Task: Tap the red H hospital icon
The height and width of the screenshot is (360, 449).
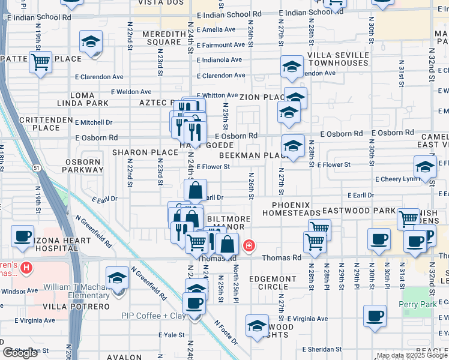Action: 26,267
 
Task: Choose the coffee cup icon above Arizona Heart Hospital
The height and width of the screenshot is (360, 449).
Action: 23,236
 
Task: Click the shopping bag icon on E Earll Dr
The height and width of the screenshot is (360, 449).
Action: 196,191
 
